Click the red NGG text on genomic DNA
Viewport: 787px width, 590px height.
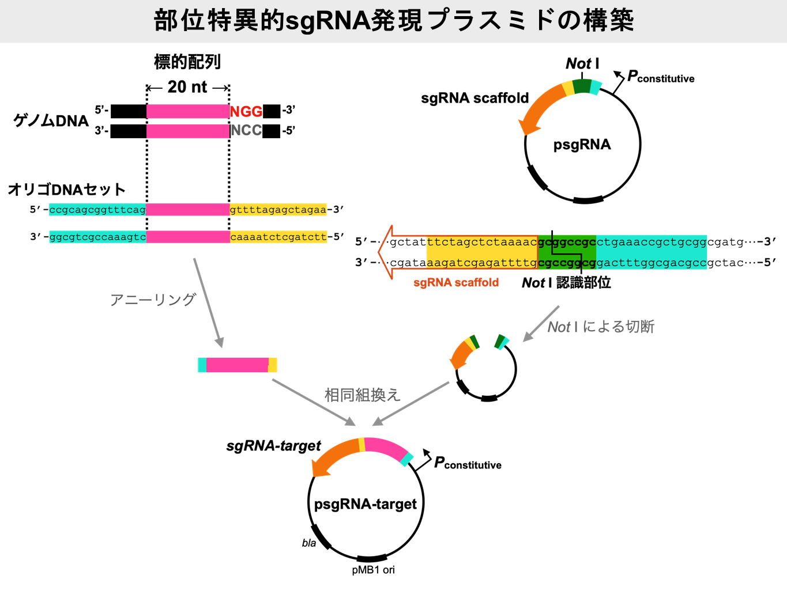pyautogui.click(x=246, y=111)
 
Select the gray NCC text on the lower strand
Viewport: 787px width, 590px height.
pyautogui.click(x=246, y=131)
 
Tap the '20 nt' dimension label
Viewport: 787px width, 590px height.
pyautogui.click(x=187, y=87)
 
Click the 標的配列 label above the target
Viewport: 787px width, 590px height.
pyautogui.click(x=187, y=62)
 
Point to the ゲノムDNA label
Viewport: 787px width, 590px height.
pyautogui.click(x=51, y=120)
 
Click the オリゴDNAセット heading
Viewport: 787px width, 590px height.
pyautogui.click(x=67, y=190)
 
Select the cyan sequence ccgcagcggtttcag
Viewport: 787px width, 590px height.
pyautogui.click(x=97, y=210)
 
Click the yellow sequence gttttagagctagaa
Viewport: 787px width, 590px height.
pyautogui.click(x=278, y=210)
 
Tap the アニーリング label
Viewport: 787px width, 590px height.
pyautogui.click(x=153, y=300)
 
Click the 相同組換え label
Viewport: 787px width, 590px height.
pyautogui.click(x=362, y=395)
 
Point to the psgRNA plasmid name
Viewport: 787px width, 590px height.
pyautogui.click(x=582, y=145)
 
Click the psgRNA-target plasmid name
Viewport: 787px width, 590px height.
pyautogui.click(x=366, y=504)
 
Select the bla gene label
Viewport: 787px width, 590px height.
pyautogui.click(x=309, y=543)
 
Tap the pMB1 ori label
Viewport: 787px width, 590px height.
pyautogui.click(x=373, y=570)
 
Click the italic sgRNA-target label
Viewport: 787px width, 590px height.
pyautogui.click(x=273, y=446)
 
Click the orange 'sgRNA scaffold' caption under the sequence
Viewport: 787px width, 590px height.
pyautogui.click(x=455, y=283)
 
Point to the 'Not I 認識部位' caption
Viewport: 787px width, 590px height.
pyautogui.click(x=566, y=283)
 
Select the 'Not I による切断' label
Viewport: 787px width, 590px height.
pyautogui.click(x=600, y=327)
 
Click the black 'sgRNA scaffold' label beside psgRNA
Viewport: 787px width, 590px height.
pyautogui.click(x=475, y=98)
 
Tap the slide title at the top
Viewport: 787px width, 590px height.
pyautogui.click(x=394, y=21)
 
